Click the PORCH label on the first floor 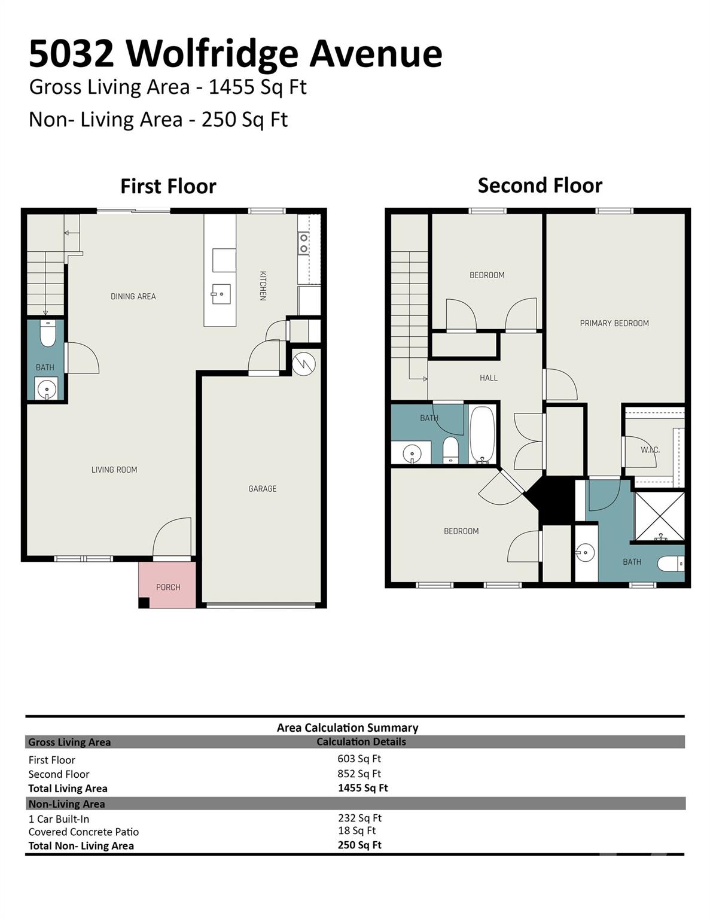[x=168, y=587]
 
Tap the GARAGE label [x=263, y=489]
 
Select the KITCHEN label [x=263, y=285]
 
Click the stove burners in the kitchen [x=304, y=243]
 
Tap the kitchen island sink [x=221, y=294]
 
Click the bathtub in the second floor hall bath [x=482, y=435]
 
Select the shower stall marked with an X [x=659, y=516]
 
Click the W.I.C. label [x=650, y=449]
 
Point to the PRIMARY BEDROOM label [x=614, y=323]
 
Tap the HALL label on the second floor [x=488, y=378]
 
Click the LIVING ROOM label [x=114, y=470]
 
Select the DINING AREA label [x=133, y=296]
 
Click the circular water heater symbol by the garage [x=303, y=364]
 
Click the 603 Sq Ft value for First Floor [x=359, y=759]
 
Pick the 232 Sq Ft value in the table [x=359, y=818]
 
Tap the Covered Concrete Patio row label [x=84, y=832]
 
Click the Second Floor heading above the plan [x=540, y=185]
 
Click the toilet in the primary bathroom [x=670, y=564]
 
